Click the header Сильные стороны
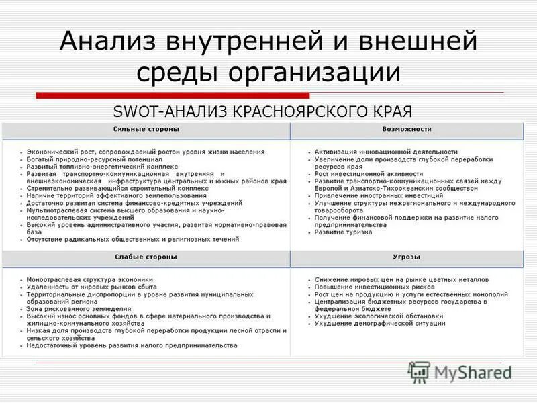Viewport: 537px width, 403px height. (x=146, y=129)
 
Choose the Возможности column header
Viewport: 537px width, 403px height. (x=407, y=129)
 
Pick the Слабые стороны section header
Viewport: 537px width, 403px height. (x=146, y=257)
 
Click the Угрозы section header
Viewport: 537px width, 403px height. (x=407, y=257)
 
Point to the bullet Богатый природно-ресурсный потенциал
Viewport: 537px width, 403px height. (x=95, y=160)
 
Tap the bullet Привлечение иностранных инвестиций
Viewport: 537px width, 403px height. (x=373, y=189)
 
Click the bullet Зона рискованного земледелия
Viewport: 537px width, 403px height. (x=79, y=309)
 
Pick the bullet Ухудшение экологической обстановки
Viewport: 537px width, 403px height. (x=379, y=316)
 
